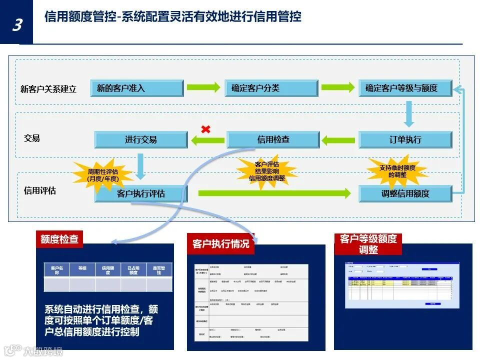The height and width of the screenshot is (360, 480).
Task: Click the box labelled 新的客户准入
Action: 136,88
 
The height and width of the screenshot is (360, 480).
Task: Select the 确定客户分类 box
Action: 271,88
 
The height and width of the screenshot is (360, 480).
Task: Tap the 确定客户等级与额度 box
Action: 405,88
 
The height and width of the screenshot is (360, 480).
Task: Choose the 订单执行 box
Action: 405,139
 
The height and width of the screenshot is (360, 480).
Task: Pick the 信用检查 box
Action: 273,139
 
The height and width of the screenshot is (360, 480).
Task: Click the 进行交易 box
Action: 141,139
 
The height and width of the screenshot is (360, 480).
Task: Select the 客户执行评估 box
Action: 141,193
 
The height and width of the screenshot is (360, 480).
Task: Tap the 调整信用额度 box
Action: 405,193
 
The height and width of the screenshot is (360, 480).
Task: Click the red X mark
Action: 205,129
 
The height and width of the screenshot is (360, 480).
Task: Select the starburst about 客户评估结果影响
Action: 266,171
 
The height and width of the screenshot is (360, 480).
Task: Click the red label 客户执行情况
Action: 220,243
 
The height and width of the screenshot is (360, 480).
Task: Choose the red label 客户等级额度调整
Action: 368,244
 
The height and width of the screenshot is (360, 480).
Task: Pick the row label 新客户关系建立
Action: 48,89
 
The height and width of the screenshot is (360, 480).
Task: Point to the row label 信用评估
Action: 40,190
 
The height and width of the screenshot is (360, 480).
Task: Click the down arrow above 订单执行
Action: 409,114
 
